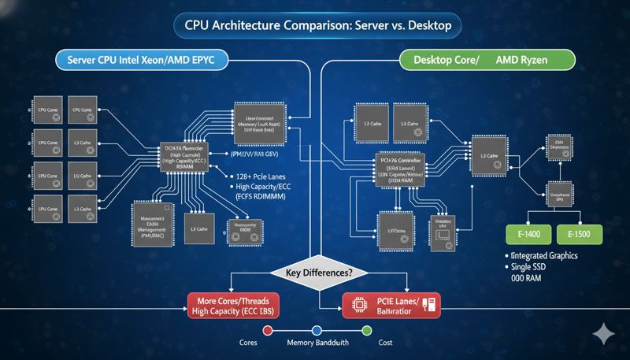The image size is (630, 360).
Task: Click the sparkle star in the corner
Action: (602, 333)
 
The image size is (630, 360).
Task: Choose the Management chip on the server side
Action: (150, 220)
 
